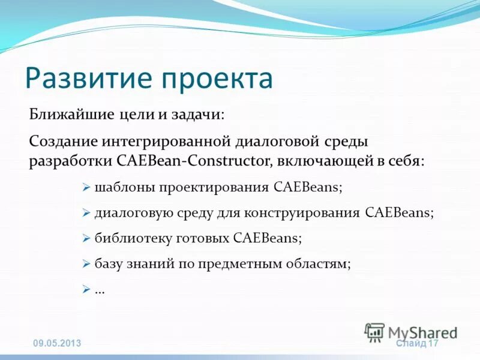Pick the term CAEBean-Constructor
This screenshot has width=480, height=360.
tap(205, 161)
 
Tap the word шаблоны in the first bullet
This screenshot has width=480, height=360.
tap(124, 187)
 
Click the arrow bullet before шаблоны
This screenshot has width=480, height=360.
tap(85, 187)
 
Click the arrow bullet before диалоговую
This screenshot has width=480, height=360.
tap(85, 212)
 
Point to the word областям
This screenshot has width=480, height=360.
tap(318, 263)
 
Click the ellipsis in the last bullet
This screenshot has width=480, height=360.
tap(100, 289)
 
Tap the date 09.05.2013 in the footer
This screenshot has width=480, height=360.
tap(56, 343)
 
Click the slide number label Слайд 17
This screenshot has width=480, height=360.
tap(418, 343)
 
